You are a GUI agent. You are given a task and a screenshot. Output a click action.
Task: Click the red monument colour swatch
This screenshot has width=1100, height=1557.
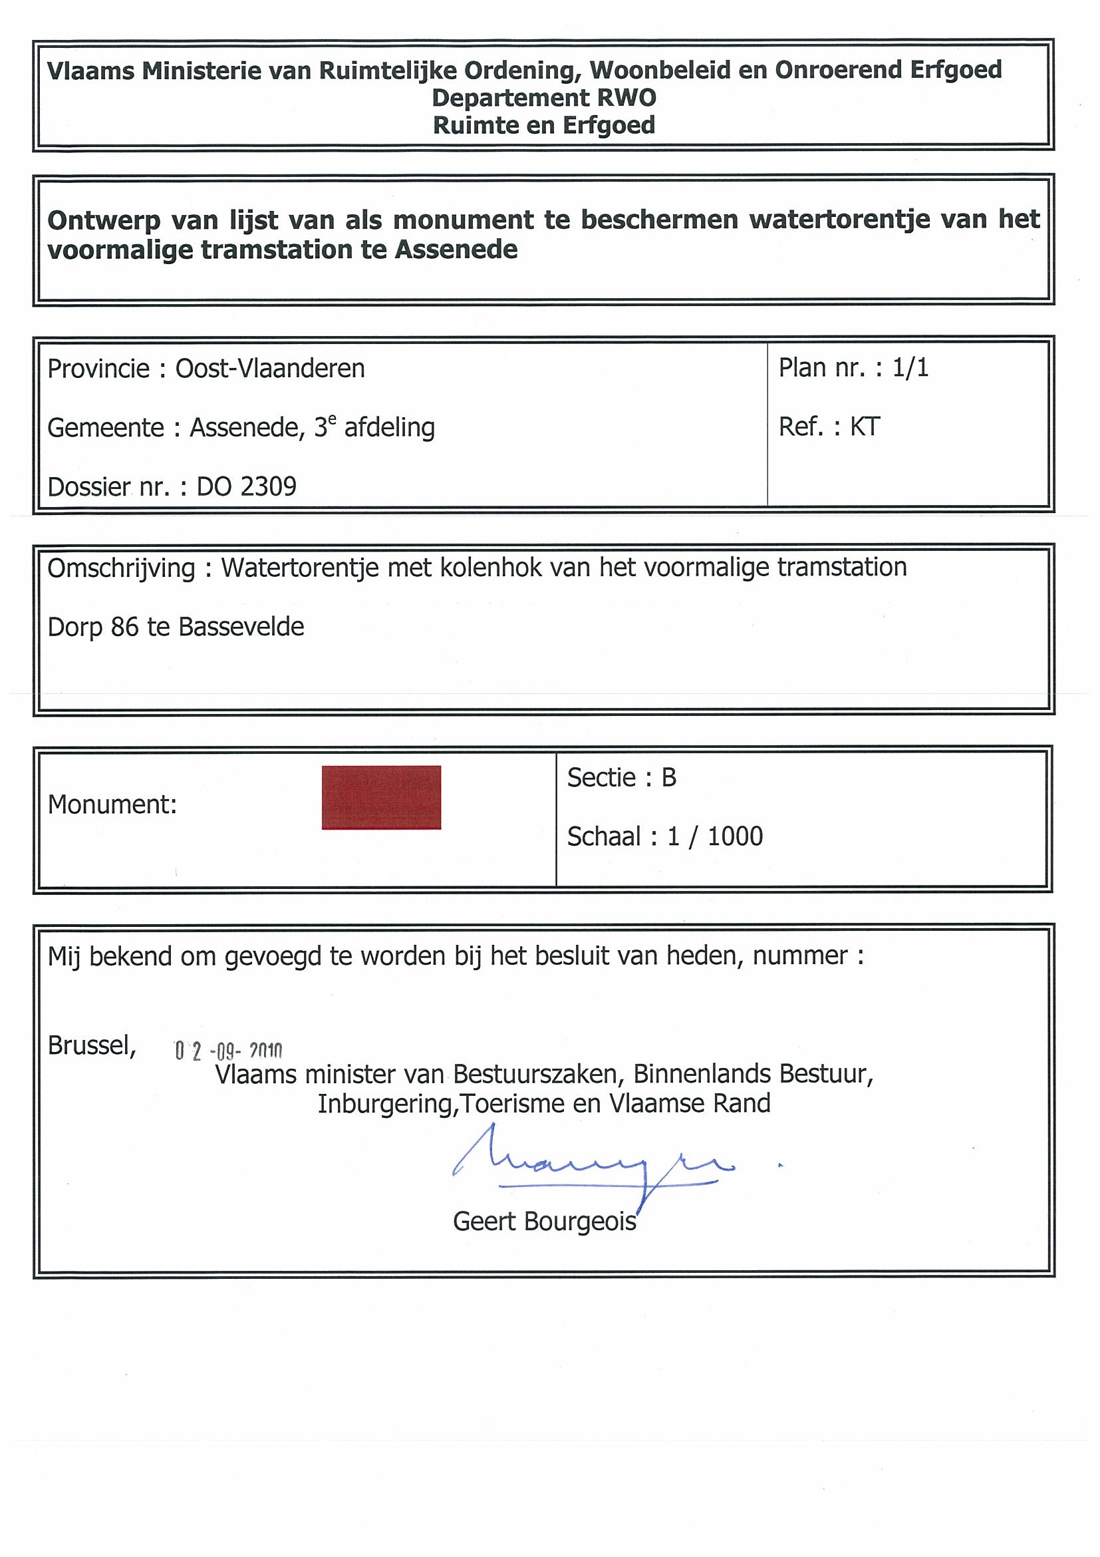click(381, 797)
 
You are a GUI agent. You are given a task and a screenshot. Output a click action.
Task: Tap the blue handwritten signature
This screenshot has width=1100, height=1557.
click(587, 1165)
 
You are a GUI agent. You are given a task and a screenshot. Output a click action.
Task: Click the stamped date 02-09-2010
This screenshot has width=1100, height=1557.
click(227, 1051)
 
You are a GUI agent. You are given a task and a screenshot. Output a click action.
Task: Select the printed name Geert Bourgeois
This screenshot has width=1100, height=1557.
click(544, 1222)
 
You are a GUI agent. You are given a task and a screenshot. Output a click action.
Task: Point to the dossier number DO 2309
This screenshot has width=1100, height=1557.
click(247, 487)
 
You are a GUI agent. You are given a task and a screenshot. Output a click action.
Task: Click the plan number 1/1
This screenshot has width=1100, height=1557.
click(910, 367)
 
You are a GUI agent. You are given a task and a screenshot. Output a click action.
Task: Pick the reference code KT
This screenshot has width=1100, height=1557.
click(865, 427)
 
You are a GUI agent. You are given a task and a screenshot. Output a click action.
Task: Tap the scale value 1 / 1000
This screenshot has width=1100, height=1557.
click(715, 836)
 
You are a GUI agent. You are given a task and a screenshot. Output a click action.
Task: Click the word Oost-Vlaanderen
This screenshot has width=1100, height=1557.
click(270, 368)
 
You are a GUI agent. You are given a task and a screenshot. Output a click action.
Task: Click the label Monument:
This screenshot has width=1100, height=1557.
click(112, 804)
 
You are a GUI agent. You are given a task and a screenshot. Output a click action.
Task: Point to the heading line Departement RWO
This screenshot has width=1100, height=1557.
click(543, 98)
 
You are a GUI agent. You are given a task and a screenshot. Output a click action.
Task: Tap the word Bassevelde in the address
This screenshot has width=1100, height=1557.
click(241, 627)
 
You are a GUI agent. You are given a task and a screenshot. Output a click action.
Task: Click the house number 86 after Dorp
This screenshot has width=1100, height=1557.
click(125, 627)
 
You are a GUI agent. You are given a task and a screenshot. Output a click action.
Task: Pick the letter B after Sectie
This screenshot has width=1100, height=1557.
click(668, 777)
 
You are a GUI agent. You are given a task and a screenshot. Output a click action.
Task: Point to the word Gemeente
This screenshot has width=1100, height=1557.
click(105, 428)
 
